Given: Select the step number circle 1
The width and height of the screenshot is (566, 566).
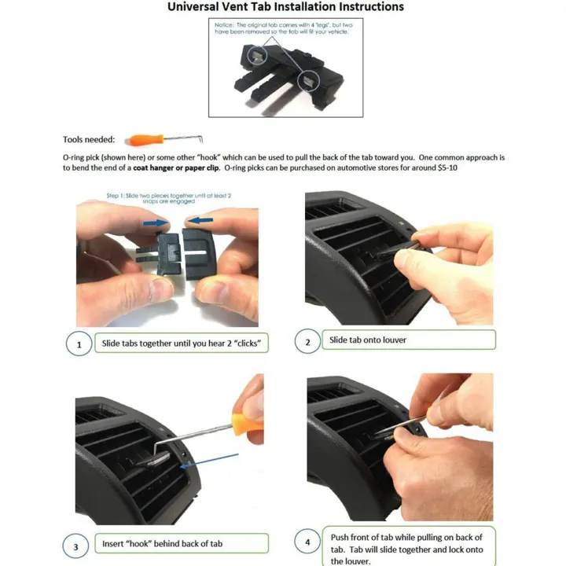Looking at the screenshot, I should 79,344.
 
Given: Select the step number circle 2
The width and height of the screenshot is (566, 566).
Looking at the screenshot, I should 307,341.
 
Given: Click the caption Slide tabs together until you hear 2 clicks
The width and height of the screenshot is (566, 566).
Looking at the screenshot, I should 180,344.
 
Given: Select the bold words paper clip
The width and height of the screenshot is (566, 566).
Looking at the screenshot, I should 200,168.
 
